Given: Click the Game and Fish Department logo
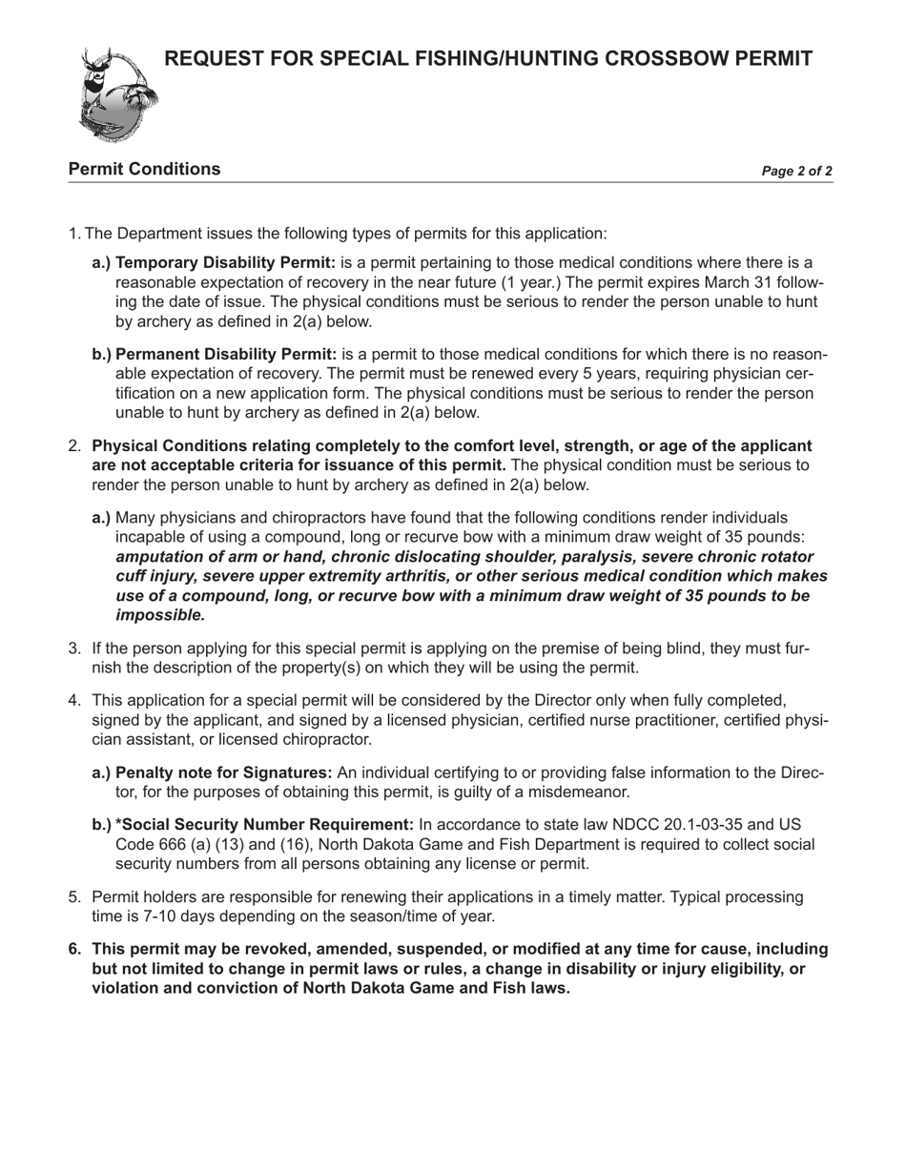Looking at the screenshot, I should (x=117, y=93).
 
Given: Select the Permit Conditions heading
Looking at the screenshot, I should (x=144, y=170).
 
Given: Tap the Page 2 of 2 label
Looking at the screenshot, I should (x=796, y=172).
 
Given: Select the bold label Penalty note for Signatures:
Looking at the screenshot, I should (x=223, y=772).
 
